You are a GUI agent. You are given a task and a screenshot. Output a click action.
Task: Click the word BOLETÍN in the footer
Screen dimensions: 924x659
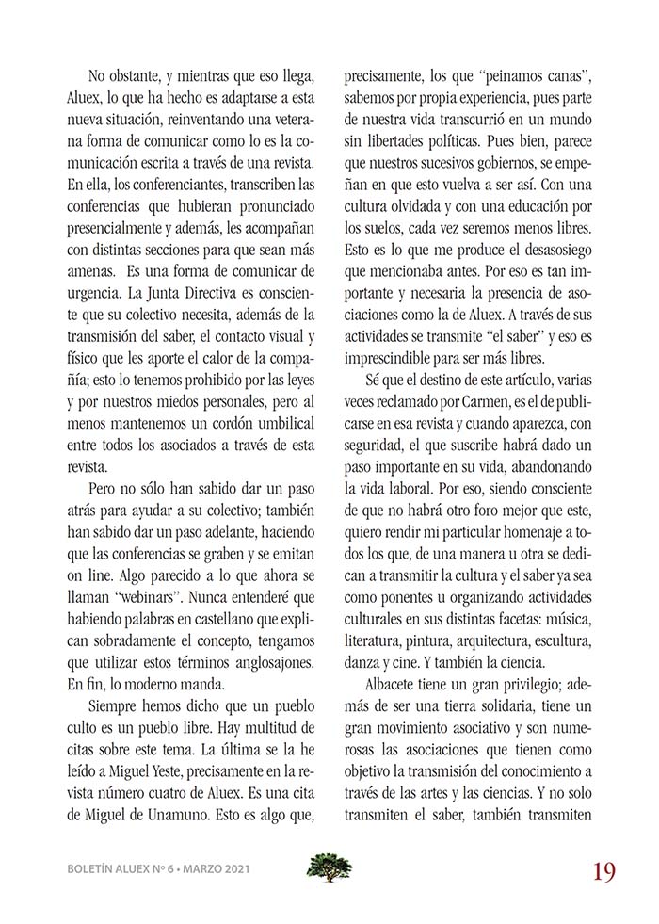(93, 869)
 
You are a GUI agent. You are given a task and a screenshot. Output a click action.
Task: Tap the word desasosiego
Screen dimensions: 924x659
(550, 274)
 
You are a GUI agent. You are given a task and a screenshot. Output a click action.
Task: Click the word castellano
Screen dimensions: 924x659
(238, 620)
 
